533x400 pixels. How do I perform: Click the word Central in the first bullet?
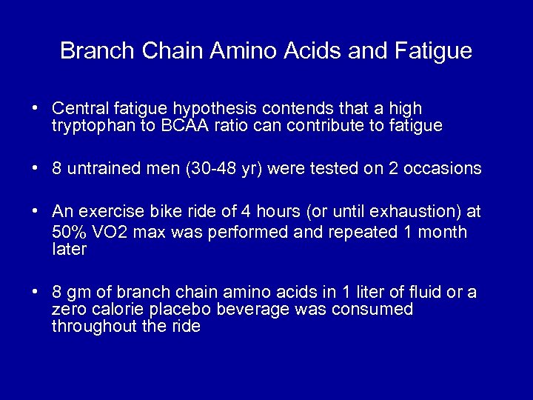[x=78, y=109]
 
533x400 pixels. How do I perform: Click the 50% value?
[x=70, y=232]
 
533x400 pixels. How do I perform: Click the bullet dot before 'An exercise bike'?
[x=36, y=211]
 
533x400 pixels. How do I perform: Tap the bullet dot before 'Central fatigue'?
[x=36, y=109]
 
